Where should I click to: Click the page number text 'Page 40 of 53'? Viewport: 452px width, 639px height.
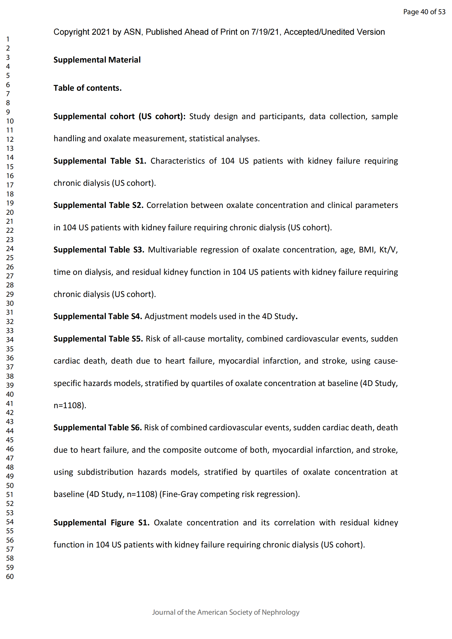coord(424,12)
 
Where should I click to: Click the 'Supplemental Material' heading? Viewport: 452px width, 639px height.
coord(97,60)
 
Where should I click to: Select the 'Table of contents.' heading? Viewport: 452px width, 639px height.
coord(87,88)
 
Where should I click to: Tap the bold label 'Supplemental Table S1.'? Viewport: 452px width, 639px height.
coord(100,161)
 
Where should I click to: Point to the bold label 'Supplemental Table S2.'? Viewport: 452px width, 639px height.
coord(98,205)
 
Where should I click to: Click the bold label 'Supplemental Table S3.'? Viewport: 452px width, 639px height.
coord(99,250)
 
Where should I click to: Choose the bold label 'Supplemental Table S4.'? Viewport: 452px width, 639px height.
coord(98,316)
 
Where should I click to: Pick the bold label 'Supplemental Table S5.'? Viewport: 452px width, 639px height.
coord(98,339)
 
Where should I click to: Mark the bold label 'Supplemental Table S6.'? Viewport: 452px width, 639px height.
coord(98,428)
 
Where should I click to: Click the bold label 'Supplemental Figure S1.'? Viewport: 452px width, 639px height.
coord(101,522)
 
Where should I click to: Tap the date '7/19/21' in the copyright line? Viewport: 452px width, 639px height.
coord(265,32)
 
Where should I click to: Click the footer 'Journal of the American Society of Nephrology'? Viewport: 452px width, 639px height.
coord(226,612)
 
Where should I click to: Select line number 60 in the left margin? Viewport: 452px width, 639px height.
coord(10,576)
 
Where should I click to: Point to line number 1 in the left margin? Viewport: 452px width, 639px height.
coord(8,39)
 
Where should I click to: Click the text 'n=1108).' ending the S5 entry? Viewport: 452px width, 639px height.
coord(70,405)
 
